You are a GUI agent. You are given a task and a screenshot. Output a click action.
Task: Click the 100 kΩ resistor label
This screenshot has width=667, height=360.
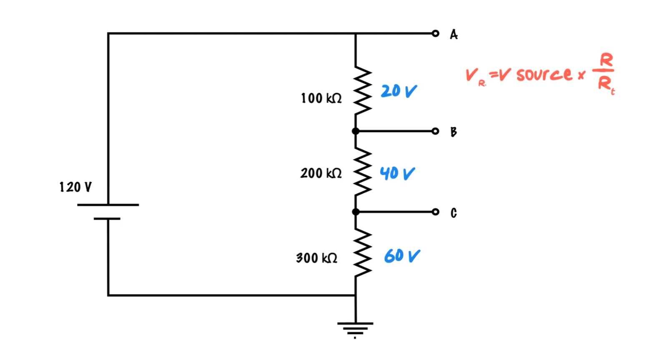(321, 98)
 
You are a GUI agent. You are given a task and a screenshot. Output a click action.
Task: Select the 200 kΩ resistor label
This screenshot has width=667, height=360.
(321, 173)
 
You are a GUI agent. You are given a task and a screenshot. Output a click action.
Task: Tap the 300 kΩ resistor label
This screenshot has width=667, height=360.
(317, 258)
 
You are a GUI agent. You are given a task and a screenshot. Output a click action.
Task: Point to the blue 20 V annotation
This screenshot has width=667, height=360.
(399, 91)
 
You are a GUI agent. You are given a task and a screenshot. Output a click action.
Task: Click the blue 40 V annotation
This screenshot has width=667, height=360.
(397, 173)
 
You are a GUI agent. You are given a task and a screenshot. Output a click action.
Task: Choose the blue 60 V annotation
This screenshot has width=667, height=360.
(402, 255)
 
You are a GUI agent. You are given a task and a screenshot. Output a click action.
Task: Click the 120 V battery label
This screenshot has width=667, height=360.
(75, 187)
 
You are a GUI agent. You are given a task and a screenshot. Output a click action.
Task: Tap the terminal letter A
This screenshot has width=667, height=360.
(454, 34)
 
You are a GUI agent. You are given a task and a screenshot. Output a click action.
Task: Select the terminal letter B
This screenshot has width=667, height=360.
(454, 132)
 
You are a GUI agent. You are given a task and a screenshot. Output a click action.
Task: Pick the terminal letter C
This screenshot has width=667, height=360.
(454, 213)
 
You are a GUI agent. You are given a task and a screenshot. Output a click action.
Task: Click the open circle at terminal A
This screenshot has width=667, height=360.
(435, 33)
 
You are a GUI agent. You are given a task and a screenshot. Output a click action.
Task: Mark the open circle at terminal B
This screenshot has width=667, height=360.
(435, 131)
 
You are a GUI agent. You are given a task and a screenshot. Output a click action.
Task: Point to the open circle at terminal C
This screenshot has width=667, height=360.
(435, 212)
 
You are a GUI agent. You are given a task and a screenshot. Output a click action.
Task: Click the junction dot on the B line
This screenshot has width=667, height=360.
(356, 131)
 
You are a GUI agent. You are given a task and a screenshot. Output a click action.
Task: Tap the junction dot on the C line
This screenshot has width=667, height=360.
(356, 212)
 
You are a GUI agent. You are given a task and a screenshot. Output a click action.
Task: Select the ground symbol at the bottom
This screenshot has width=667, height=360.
(355, 328)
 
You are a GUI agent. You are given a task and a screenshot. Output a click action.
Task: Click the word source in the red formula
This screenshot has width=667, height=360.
(544, 75)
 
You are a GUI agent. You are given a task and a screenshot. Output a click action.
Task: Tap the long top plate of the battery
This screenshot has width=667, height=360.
(108, 205)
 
